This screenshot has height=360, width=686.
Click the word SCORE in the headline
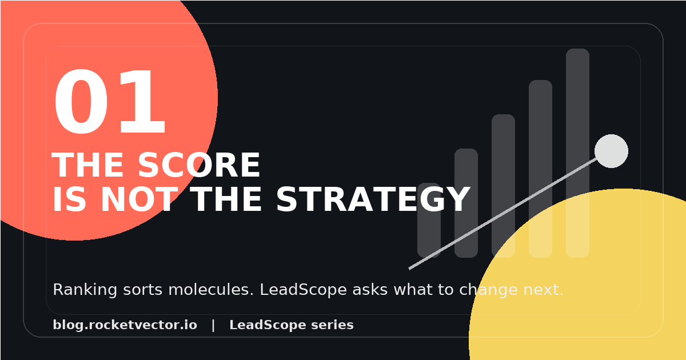199,166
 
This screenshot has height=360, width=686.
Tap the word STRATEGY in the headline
373,201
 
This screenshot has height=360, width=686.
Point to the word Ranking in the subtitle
78,290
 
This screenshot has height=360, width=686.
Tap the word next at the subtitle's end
543,290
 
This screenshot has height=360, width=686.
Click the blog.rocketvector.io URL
125,325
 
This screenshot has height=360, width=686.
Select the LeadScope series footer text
291,325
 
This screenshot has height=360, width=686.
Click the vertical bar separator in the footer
213,325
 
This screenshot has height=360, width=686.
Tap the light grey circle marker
611,151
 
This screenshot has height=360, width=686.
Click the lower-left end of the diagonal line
410,268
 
